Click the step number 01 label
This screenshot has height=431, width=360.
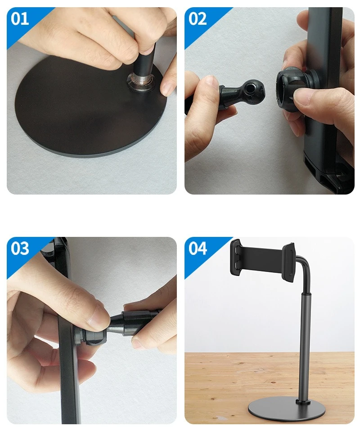pos(20,19)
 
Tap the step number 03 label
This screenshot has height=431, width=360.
pos(20,248)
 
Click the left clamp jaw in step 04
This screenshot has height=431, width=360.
pos(236,259)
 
